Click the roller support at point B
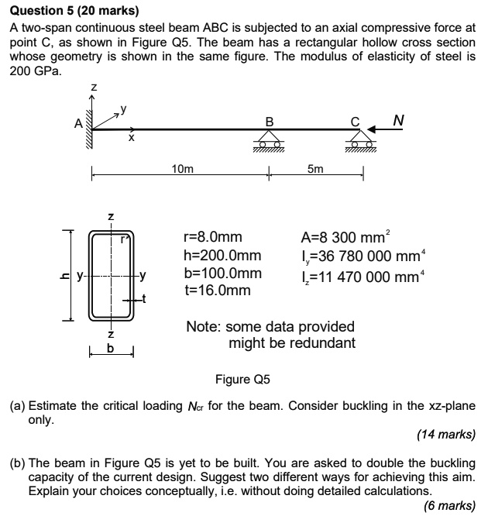[x=269, y=140]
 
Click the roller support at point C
[x=358, y=140]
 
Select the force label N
[x=398, y=120]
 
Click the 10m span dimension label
[x=183, y=168]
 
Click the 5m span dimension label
[x=315, y=168]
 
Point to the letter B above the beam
[x=269, y=121]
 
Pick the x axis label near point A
[x=131, y=139]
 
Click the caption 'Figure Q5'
[x=243, y=380]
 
